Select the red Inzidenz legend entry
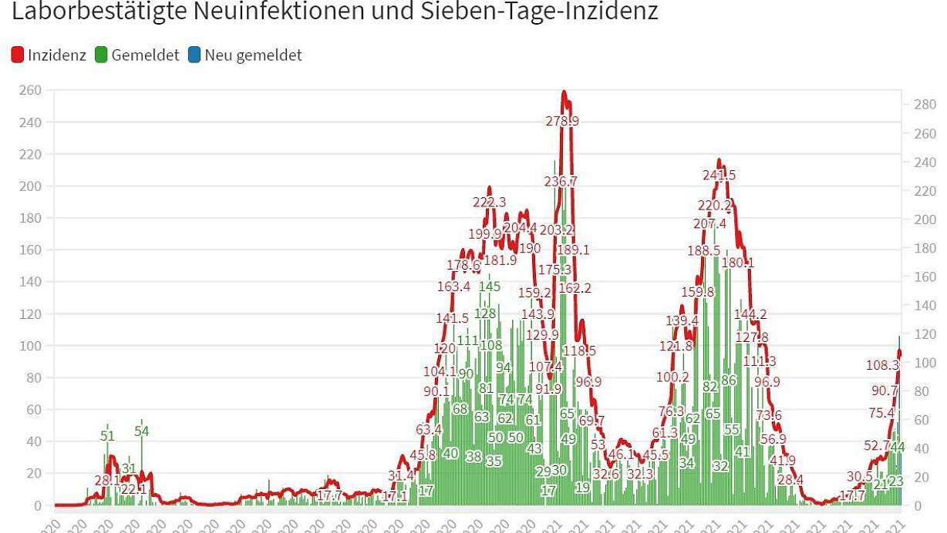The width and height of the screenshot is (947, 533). click(x=49, y=55)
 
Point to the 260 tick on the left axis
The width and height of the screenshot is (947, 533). click(x=32, y=91)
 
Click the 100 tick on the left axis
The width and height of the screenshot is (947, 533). click(x=32, y=346)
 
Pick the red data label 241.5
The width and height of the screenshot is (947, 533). click(x=719, y=175)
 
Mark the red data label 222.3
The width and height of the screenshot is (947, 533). click(x=489, y=202)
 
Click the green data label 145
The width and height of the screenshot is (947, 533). click(x=489, y=287)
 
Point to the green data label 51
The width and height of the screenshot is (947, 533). click(x=107, y=436)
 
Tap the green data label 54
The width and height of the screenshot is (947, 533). click(x=141, y=431)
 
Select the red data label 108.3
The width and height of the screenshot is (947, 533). click(x=883, y=365)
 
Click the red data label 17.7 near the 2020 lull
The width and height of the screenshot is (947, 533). click(x=329, y=496)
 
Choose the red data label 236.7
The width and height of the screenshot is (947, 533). click(x=560, y=182)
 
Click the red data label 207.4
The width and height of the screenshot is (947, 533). click(x=709, y=224)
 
